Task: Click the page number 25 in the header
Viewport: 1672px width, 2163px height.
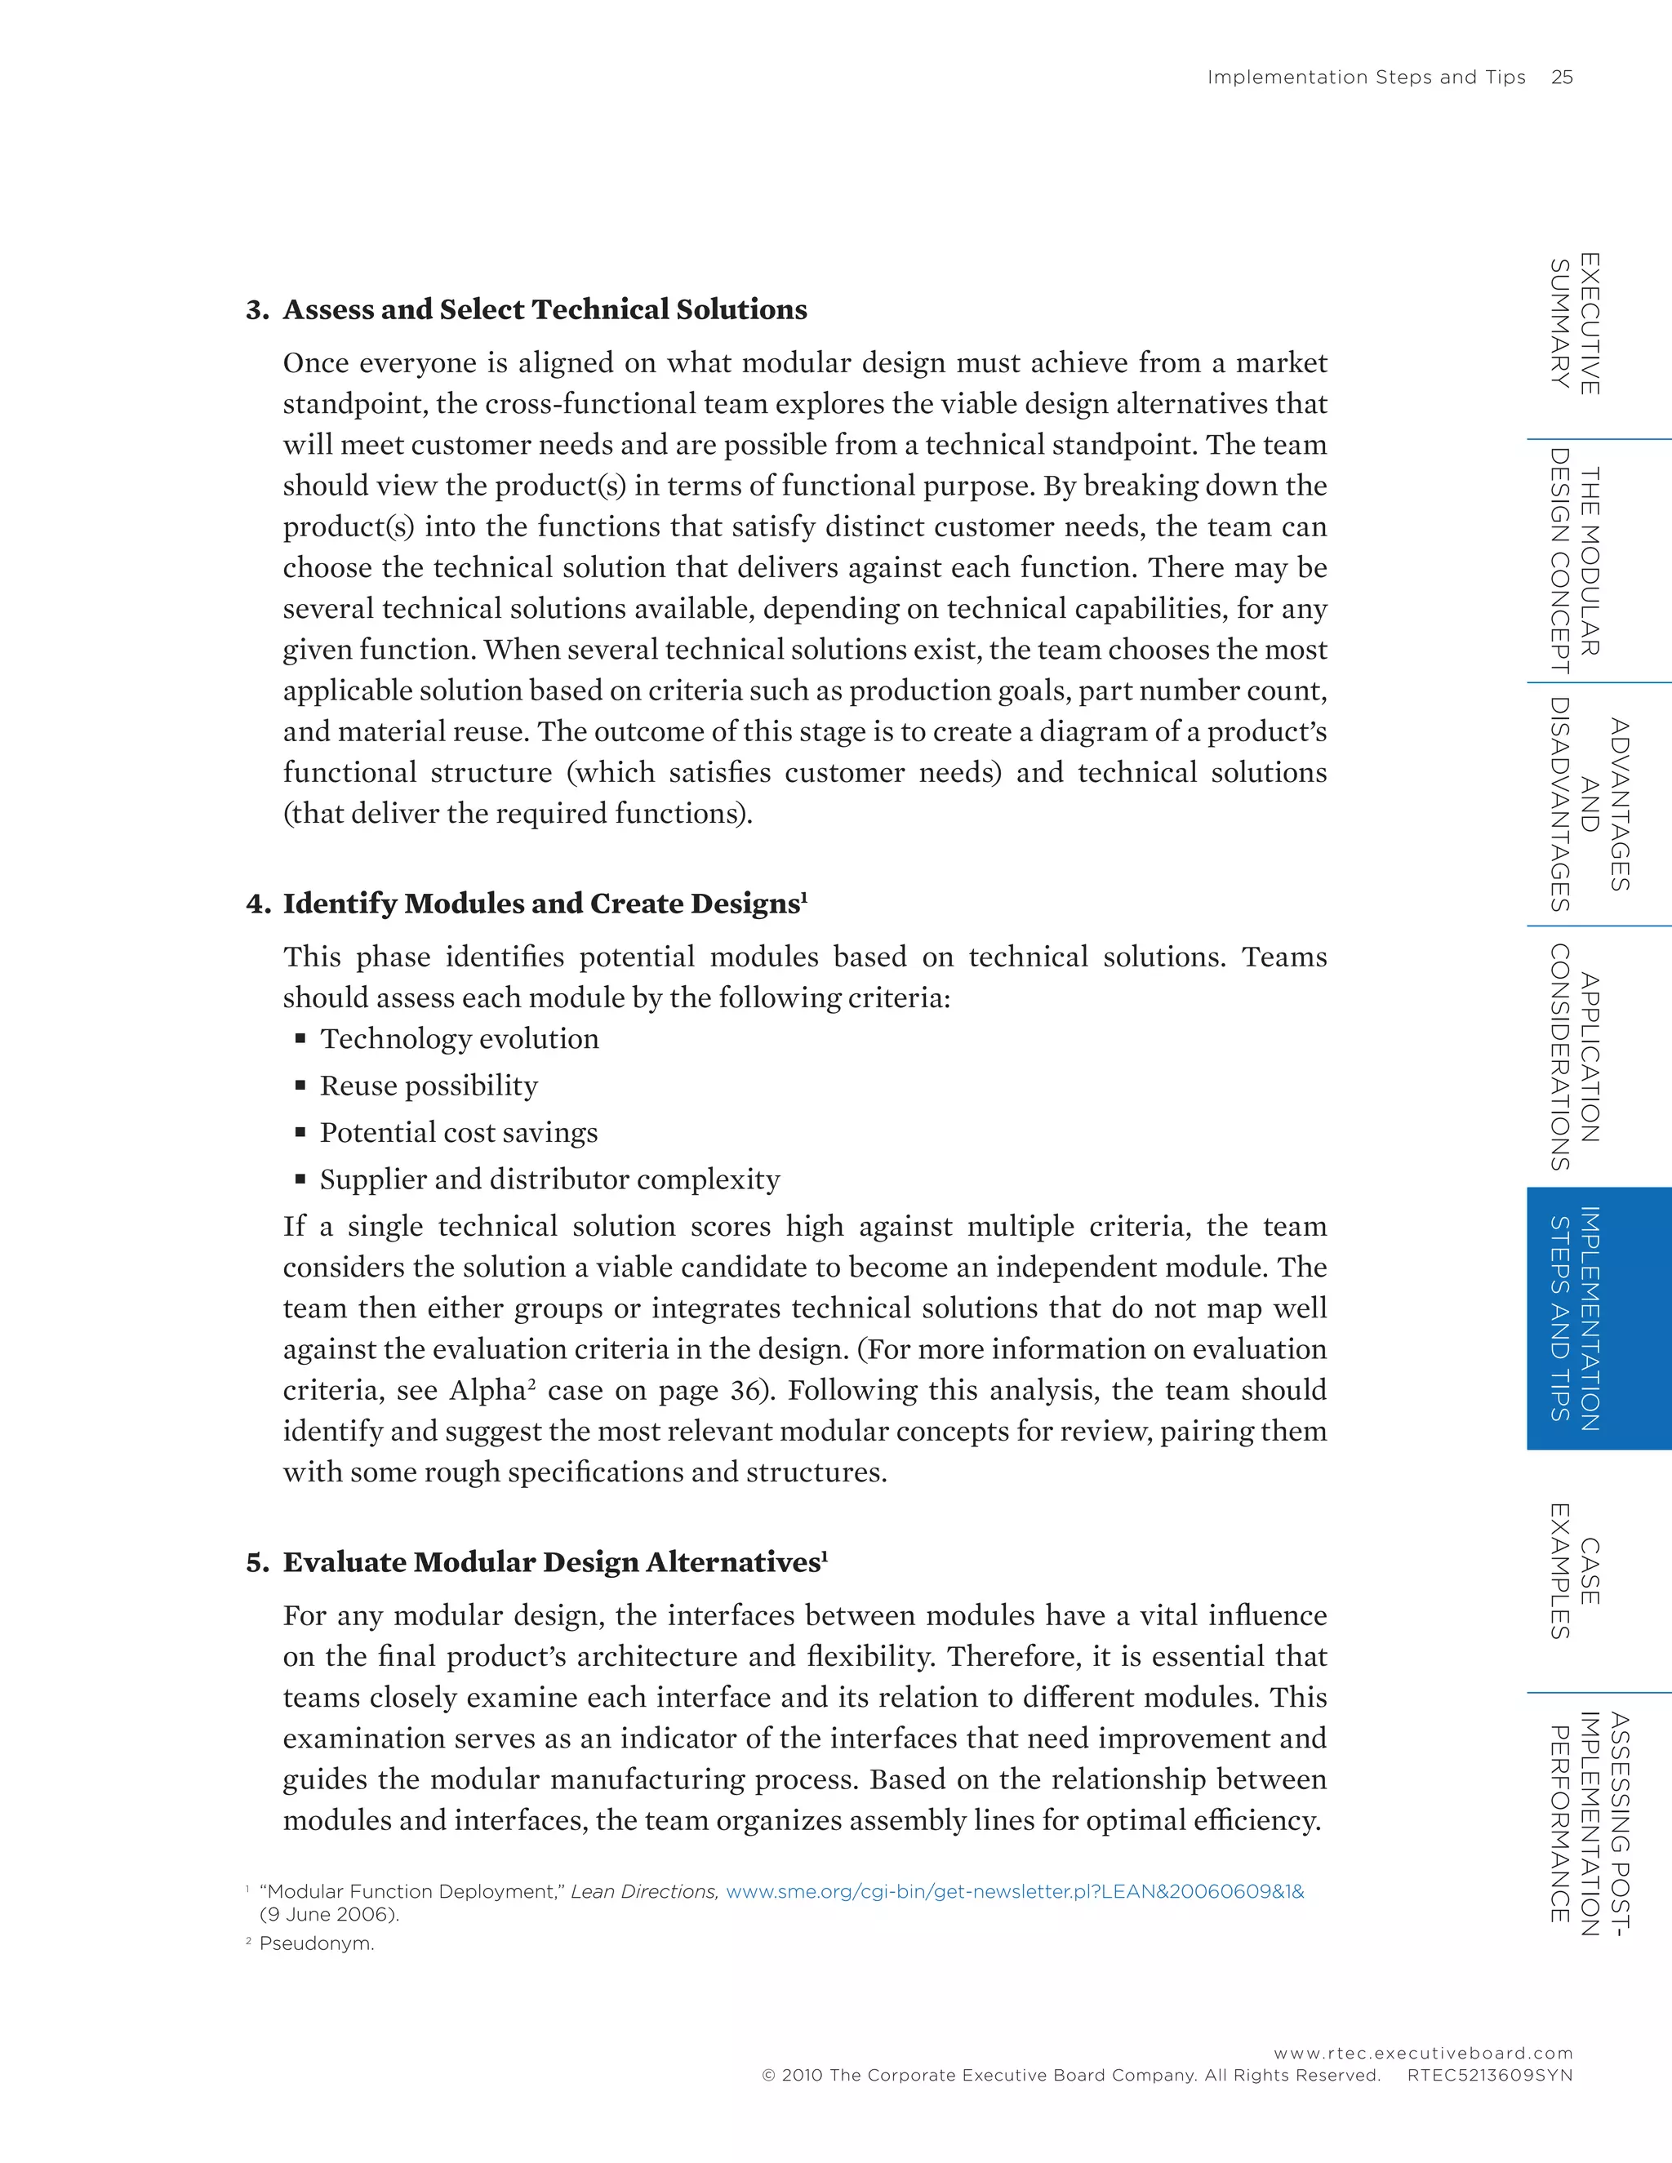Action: pyautogui.click(x=1561, y=78)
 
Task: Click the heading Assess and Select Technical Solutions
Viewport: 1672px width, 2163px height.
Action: pyautogui.click(x=545, y=309)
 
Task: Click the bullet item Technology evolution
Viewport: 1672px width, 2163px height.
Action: pyautogui.click(x=459, y=1038)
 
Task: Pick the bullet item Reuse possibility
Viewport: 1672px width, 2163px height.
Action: pyautogui.click(x=428, y=1086)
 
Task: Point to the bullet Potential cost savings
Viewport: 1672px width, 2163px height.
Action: pyautogui.click(x=458, y=1132)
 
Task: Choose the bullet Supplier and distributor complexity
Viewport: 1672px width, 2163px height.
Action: pyautogui.click(x=549, y=1179)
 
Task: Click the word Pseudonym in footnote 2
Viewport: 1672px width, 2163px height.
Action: pyautogui.click(x=316, y=1943)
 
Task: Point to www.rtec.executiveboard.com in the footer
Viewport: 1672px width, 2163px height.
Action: pyautogui.click(x=1422, y=2053)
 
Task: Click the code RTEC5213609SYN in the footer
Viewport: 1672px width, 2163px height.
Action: pyautogui.click(x=1489, y=2075)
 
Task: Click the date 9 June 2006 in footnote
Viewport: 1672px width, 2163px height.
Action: pyautogui.click(x=329, y=1914)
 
